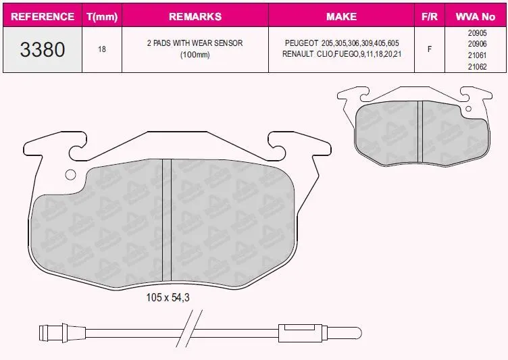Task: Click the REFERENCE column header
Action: tap(43, 16)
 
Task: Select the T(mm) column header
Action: tap(102, 16)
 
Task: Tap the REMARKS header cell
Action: tap(195, 16)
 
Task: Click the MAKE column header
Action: tap(341, 16)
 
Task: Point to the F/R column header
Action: tap(430, 16)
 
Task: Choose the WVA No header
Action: tap(476, 16)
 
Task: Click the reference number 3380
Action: tap(43, 49)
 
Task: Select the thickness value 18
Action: tap(102, 49)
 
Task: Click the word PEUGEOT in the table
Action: tap(301, 43)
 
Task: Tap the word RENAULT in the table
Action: tap(298, 54)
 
